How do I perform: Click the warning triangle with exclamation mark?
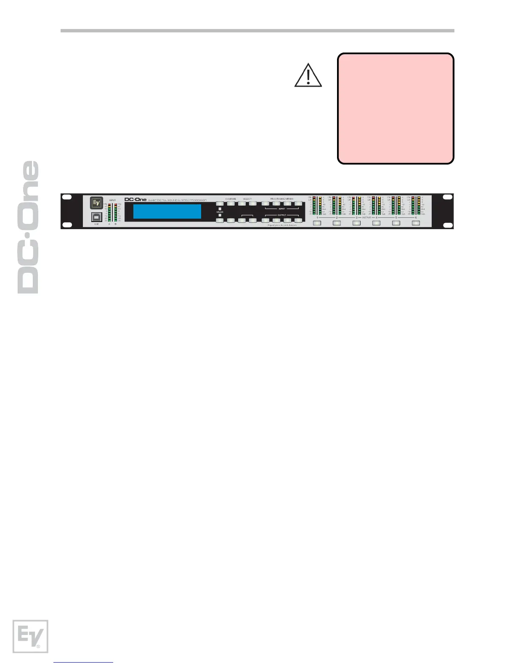click(x=308, y=75)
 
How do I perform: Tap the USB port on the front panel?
click(x=97, y=217)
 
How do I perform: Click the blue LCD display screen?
click(x=167, y=211)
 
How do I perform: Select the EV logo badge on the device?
click(x=97, y=203)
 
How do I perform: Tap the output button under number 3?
click(x=356, y=223)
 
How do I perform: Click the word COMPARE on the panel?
click(x=231, y=199)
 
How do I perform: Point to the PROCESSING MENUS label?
click(x=281, y=199)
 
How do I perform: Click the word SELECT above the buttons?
click(x=247, y=199)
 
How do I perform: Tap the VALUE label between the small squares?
click(x=220, y=212)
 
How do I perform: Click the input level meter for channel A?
click(x=109, y=213)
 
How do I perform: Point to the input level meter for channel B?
click(x=115, y=213)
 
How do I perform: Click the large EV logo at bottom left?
click(x=30, y=636)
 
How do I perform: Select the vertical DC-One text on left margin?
click(x=28, y=227)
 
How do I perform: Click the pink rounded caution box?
click(x=396, y=108)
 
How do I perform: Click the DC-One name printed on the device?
click(x=135, y=199)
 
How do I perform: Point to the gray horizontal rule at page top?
click(x=257, y=31)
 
